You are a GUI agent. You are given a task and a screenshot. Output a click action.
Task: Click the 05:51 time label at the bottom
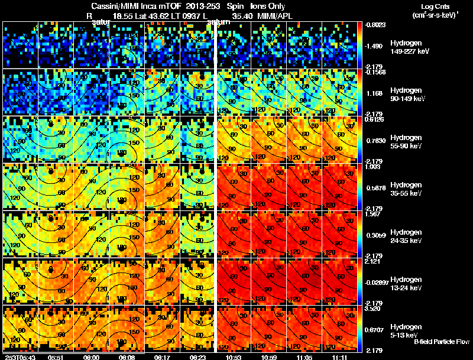tap(56, 357)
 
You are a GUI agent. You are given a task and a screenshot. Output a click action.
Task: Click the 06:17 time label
tap(163, 357)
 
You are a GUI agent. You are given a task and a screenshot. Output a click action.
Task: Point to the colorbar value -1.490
tap(377, 46)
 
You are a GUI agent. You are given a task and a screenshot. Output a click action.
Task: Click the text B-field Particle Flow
tap(442, 342)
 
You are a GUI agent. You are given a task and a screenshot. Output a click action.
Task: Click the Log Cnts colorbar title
tap(435, 6)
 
